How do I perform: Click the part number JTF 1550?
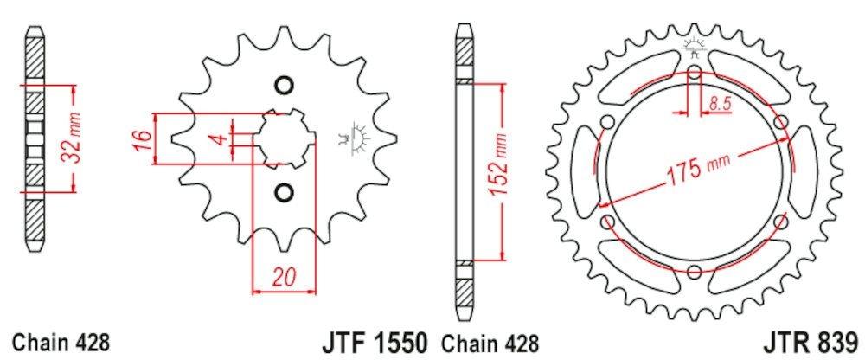coord(375,340)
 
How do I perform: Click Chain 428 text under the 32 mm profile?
coord(61,340)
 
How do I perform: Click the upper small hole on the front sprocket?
coord(282,85)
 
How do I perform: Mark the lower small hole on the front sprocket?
coord(282,190)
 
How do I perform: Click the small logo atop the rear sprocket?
coord(694,48)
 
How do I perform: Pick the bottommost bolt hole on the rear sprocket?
coord(695,272)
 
